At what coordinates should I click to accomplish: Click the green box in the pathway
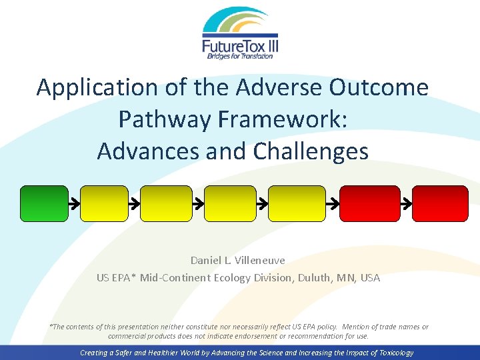[x=44, y=203]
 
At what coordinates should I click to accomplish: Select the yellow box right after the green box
[x=104, y=203]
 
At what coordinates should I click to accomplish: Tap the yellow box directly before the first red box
[x=295, y=203]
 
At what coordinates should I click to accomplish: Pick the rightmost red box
[x=440, y=203]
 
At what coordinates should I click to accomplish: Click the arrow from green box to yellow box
[x=74, y=203]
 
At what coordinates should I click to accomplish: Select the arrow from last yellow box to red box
[x=331, y=203]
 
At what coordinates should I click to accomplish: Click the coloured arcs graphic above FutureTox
[x=240, y=22]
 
